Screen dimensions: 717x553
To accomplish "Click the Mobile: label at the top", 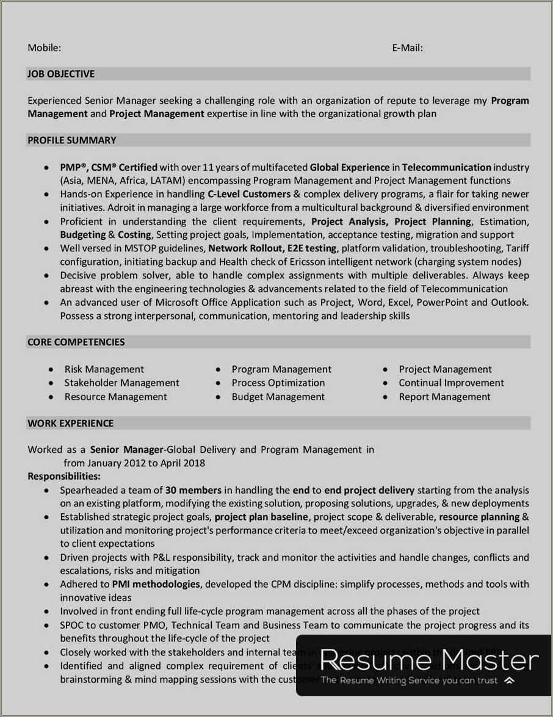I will point(44,48).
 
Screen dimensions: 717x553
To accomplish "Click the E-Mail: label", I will point(407,48).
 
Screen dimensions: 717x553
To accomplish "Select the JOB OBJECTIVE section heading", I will point(61,74).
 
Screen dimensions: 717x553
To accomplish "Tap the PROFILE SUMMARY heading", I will point(71,140).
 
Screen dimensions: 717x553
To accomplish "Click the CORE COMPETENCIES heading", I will point(76,342).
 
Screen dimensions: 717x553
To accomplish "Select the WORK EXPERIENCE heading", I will point(70,423).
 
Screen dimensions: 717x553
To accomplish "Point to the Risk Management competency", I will point(104,369).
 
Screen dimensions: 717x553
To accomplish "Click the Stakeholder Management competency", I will point(121,383).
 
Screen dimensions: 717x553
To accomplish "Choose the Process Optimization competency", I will point(278,383).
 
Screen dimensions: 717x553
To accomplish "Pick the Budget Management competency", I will point(278,397).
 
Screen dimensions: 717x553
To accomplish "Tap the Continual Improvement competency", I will point(451,383).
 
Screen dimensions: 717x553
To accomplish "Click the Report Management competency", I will point(444,397).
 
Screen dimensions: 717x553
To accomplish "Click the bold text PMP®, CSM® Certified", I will point(109,167).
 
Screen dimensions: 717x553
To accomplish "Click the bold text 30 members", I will point(193,490).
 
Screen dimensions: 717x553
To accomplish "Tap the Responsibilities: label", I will point(64,477).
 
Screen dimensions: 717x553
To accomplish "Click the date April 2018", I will point(183,463).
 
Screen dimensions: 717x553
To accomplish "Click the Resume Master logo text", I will point(429,661).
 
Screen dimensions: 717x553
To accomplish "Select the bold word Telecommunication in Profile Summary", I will point(447,167).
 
